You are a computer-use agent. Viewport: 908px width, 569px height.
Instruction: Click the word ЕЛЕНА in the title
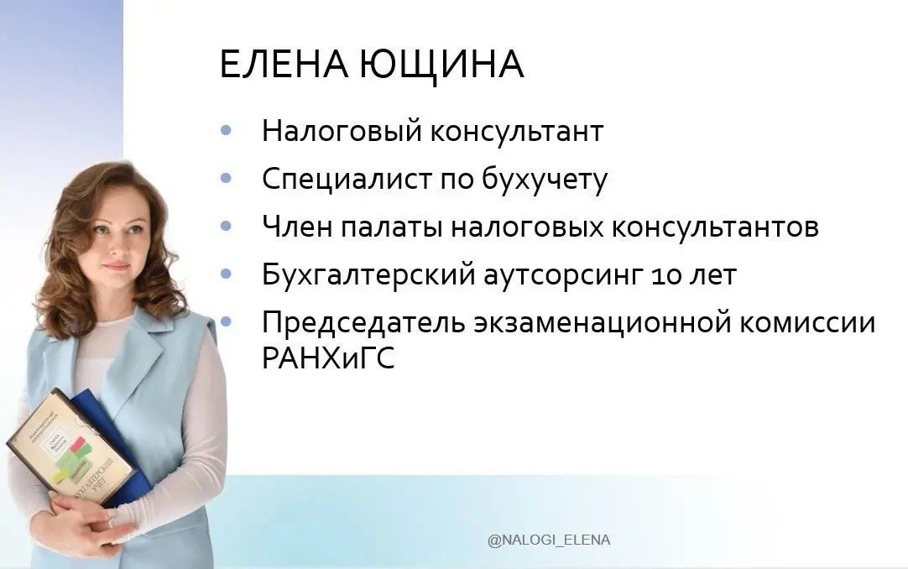282,65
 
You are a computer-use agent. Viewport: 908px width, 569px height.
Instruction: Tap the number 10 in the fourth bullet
658,275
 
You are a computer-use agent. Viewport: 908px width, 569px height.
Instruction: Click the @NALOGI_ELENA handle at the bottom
549,540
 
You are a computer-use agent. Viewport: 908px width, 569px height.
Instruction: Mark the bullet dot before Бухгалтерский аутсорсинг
225,274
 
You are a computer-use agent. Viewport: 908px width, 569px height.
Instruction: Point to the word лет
709,275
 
